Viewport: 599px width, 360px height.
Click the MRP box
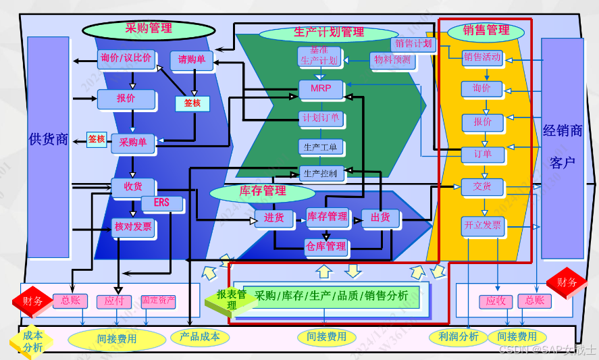[321, 88]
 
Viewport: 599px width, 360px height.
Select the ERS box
[161, 203]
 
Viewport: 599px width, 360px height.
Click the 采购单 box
[133, 143]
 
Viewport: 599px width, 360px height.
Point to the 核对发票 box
[133, 227]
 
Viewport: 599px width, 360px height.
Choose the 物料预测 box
[392, 59]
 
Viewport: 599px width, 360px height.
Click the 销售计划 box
[413, 43]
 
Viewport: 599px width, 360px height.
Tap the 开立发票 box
[483, 225]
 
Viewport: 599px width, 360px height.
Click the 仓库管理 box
[326, 247]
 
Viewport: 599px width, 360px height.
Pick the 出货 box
[381, 217]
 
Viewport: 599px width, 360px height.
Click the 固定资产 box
[158, 301]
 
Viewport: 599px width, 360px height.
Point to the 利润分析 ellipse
[458, 336]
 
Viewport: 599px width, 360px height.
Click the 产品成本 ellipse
[196, 336]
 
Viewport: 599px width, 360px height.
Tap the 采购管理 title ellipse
[149, 30]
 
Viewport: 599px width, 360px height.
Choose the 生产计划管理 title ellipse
[328, 32]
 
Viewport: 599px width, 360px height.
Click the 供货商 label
[49, 140]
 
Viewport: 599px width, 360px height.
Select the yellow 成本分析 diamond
[32, 340]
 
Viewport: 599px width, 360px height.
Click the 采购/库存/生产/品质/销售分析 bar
[331, 295]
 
